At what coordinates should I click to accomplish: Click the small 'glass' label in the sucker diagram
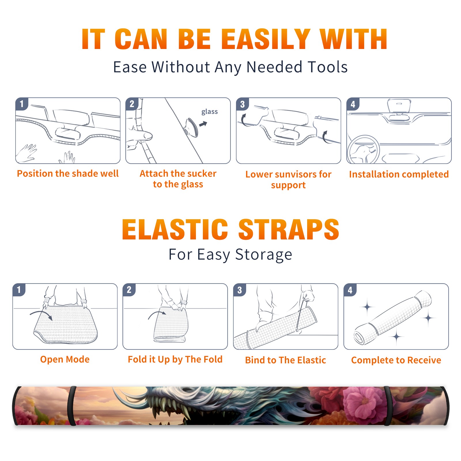tap(209, 112)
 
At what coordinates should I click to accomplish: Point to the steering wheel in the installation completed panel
tap(363, 150)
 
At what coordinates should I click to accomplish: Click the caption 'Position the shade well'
tap(68, 173)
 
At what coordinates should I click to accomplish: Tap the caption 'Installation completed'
tap(399, 174)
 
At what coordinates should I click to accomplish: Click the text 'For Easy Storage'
tap(231, 254)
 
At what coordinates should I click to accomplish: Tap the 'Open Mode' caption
tap(65, 359)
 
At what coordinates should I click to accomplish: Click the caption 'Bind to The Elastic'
tap(286, 360)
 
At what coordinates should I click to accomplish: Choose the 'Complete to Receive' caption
tap(396, 360)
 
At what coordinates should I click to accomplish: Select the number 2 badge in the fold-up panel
tap(129, 290)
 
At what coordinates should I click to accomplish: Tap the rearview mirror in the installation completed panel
tap(399, 106)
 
